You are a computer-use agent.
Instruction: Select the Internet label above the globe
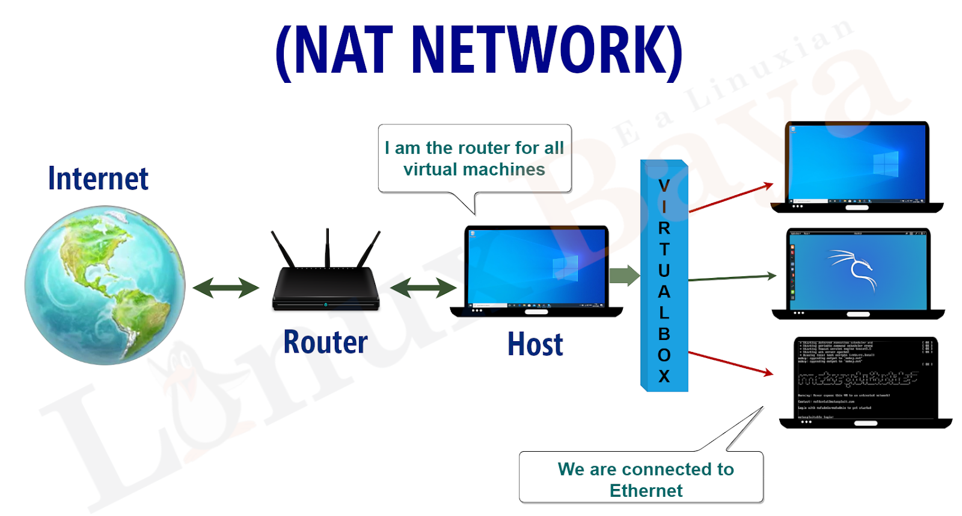click(98, 178)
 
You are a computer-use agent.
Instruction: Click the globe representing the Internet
click(105, 285)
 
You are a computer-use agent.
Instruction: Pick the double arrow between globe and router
click(225, 288)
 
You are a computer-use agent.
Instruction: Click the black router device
click(326, 288)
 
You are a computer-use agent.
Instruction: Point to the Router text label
click(325, 342)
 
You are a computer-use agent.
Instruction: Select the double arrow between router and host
click(423, 288)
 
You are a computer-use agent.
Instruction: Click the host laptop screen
click(537, 267)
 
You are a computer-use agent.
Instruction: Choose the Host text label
click(535, 344)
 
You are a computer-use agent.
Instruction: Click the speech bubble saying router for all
click(474, 159)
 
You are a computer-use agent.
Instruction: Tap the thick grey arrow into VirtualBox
click(624, 276)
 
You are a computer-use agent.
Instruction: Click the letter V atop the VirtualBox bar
click(664, 186)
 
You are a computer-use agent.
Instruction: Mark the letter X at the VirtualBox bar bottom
click(664, 377)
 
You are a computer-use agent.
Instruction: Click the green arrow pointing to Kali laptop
click(732, 278)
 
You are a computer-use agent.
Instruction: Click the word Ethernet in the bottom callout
click(646, 491)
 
